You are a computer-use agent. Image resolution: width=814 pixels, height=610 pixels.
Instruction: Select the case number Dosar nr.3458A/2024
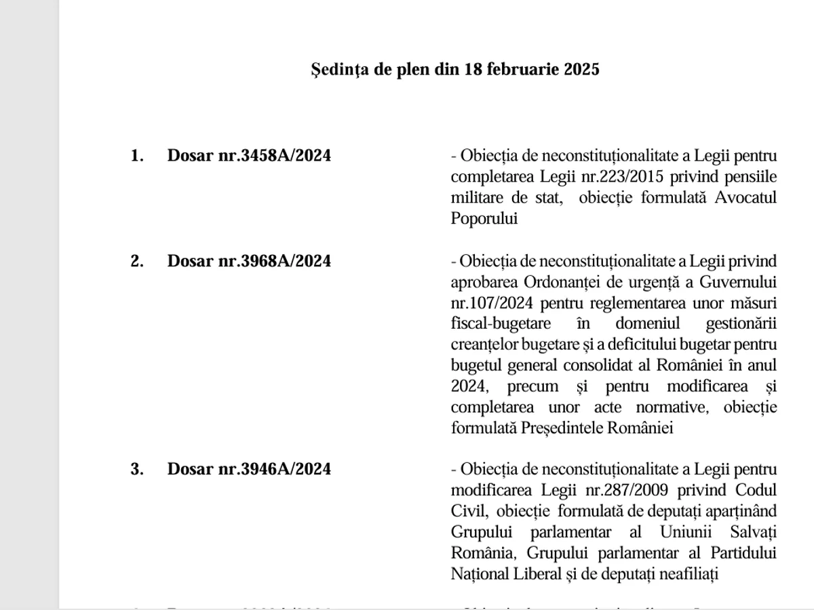249,156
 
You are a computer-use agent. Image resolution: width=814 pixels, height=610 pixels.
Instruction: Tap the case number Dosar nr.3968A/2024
249,261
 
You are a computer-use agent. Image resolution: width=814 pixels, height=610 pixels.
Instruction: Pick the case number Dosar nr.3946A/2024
249,469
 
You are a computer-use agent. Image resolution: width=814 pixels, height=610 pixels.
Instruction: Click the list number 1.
137,156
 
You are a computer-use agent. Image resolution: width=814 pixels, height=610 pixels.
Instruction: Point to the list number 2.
137,261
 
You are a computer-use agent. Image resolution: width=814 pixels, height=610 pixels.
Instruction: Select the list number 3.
137,469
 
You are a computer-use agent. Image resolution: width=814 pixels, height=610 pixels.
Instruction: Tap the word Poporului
484,219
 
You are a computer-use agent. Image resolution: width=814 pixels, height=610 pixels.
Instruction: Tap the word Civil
466,511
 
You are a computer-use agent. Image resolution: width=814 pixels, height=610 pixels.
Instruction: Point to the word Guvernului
739,281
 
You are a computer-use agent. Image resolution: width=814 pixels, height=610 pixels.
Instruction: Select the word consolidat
610,365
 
